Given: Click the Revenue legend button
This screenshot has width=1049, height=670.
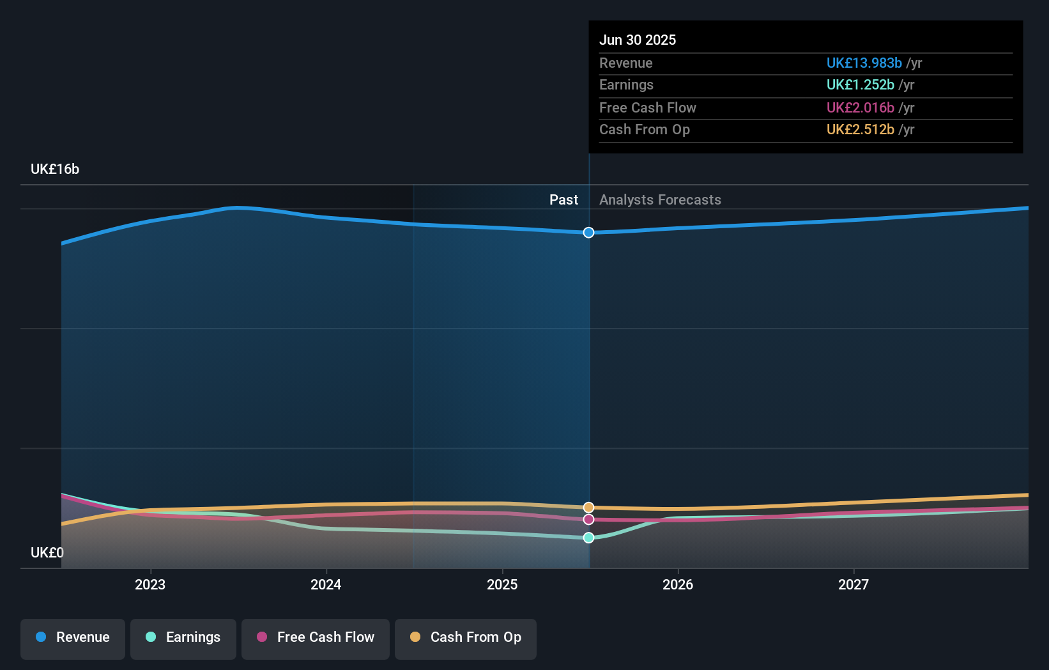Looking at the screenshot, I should (73, 638).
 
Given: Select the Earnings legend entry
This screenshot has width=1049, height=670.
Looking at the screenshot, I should (183, 638).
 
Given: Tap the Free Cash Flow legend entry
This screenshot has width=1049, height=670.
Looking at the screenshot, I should (316, 638).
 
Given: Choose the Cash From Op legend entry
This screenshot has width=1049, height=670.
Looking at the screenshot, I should (466, 638).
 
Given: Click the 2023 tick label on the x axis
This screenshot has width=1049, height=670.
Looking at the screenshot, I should (150, 585).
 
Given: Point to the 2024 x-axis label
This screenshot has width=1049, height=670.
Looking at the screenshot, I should (326, 585).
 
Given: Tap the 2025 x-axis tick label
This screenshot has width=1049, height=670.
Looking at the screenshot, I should (502, 585).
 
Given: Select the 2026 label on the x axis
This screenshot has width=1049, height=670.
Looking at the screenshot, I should (678, 585).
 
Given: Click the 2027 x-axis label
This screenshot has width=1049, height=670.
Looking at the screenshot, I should (854, 585).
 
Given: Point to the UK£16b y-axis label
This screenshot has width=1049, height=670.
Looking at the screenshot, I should (55, 169).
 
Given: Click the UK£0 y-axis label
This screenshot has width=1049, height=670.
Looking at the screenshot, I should (47, 553).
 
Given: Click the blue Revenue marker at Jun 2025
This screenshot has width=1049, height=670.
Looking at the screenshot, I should (588, 233).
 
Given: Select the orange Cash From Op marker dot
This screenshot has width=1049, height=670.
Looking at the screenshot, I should (588, 508).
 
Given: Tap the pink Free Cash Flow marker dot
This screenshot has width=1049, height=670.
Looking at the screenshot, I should (588, 520).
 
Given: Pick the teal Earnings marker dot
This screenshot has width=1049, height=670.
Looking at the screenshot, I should (588, 538).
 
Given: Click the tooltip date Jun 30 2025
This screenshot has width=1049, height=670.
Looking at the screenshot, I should (638, 40).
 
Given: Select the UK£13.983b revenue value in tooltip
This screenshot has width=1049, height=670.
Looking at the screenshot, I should (864, 63).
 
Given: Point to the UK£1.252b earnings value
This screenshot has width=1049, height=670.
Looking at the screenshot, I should (860, 85).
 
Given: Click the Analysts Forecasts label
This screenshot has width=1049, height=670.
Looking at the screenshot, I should (660, 200).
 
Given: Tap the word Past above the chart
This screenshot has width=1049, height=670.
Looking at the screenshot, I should (563, 200).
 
